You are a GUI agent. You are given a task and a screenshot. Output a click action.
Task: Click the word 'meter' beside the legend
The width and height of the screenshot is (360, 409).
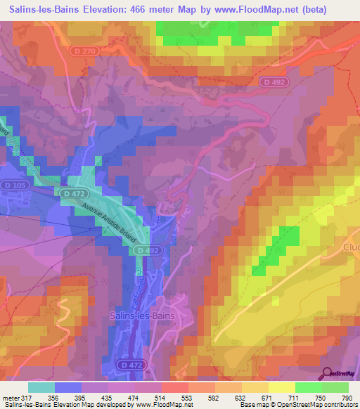[x=10, y=397]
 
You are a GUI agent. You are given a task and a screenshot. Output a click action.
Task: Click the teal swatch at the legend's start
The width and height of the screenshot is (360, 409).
[x=41, y=387]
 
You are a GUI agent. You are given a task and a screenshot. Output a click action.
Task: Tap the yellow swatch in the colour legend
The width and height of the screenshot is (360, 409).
[x=282, y=387]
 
